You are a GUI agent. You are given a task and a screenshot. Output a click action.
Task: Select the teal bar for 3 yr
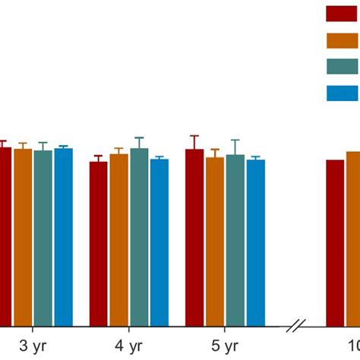43,238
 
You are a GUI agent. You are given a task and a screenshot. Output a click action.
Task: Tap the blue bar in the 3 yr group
63,237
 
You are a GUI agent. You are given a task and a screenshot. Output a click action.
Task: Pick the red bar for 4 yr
99,244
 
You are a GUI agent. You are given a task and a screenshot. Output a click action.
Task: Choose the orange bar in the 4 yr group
118,240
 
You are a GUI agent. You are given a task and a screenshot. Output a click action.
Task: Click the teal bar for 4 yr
139,237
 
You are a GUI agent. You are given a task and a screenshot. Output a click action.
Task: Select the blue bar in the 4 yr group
159,242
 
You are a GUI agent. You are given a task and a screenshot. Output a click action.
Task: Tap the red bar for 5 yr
194,238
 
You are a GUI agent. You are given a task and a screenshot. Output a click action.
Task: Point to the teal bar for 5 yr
235,240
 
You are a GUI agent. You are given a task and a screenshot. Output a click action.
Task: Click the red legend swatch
343,13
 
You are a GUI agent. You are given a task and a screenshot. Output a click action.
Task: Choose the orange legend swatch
343,39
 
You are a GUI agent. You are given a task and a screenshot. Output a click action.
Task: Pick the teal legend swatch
343,66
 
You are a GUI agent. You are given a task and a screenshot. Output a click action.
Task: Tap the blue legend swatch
343,93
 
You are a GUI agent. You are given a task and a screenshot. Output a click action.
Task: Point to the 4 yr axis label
129,346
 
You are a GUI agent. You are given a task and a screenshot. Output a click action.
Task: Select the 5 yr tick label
226,346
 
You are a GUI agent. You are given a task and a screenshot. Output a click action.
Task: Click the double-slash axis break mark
297,327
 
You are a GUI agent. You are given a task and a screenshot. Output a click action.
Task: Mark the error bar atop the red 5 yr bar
194,141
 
